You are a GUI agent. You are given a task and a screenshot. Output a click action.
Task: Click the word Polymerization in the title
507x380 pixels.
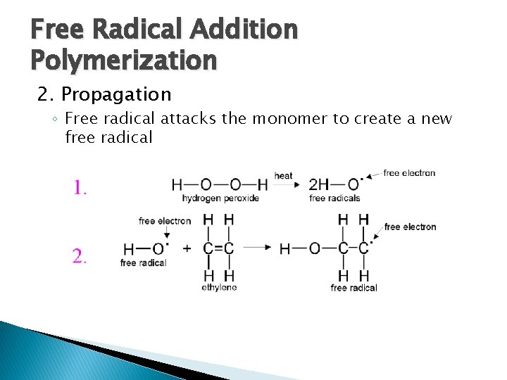pyautogui.click(x=124, y=61)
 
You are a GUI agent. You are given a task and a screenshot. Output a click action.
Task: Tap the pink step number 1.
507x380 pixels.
pyautogui.click(x=80, y=187)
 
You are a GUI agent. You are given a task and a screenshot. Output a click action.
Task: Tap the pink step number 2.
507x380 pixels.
pyautogui.click(x=80, y=256)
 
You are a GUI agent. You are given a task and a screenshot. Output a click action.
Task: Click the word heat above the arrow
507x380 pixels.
pyautogui.click(x=283, y=175)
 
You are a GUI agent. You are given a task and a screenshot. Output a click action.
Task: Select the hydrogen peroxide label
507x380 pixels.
pyautogui.click(x=215, y=198)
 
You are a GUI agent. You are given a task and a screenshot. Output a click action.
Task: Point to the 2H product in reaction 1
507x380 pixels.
pyautogui.click(x=319, y=184)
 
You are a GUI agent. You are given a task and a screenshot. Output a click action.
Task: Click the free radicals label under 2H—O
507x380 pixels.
pyautogui.click(x=334, y=198)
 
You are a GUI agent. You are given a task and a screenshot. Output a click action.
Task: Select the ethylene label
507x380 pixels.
pyautogui.click(x=219, y=287)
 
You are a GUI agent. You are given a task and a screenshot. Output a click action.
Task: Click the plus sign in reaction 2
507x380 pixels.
pyautogui.click(x=186, y=248)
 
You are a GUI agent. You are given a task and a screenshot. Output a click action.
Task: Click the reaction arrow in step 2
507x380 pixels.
pyautogui.click(x=257, y=248)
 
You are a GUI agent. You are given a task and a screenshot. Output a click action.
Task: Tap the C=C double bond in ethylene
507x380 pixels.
pyautogui.click(x=218, y=248)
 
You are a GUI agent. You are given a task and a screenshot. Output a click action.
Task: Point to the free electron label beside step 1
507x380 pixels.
pyautogui.click(x=410, y=173)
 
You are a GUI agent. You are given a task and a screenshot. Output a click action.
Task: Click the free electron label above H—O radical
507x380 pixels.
pyautogui.click(x=165, y=221)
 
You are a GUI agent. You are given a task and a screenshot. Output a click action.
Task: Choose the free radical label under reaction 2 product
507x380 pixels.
pyautogui.click(x=353, y=288)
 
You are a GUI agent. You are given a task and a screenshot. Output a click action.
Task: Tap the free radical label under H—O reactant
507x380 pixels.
pyautogui.click(x=143, y=263)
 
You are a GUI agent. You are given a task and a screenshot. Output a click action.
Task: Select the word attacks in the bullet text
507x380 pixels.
pyautogui.click(x=189, y=118)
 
